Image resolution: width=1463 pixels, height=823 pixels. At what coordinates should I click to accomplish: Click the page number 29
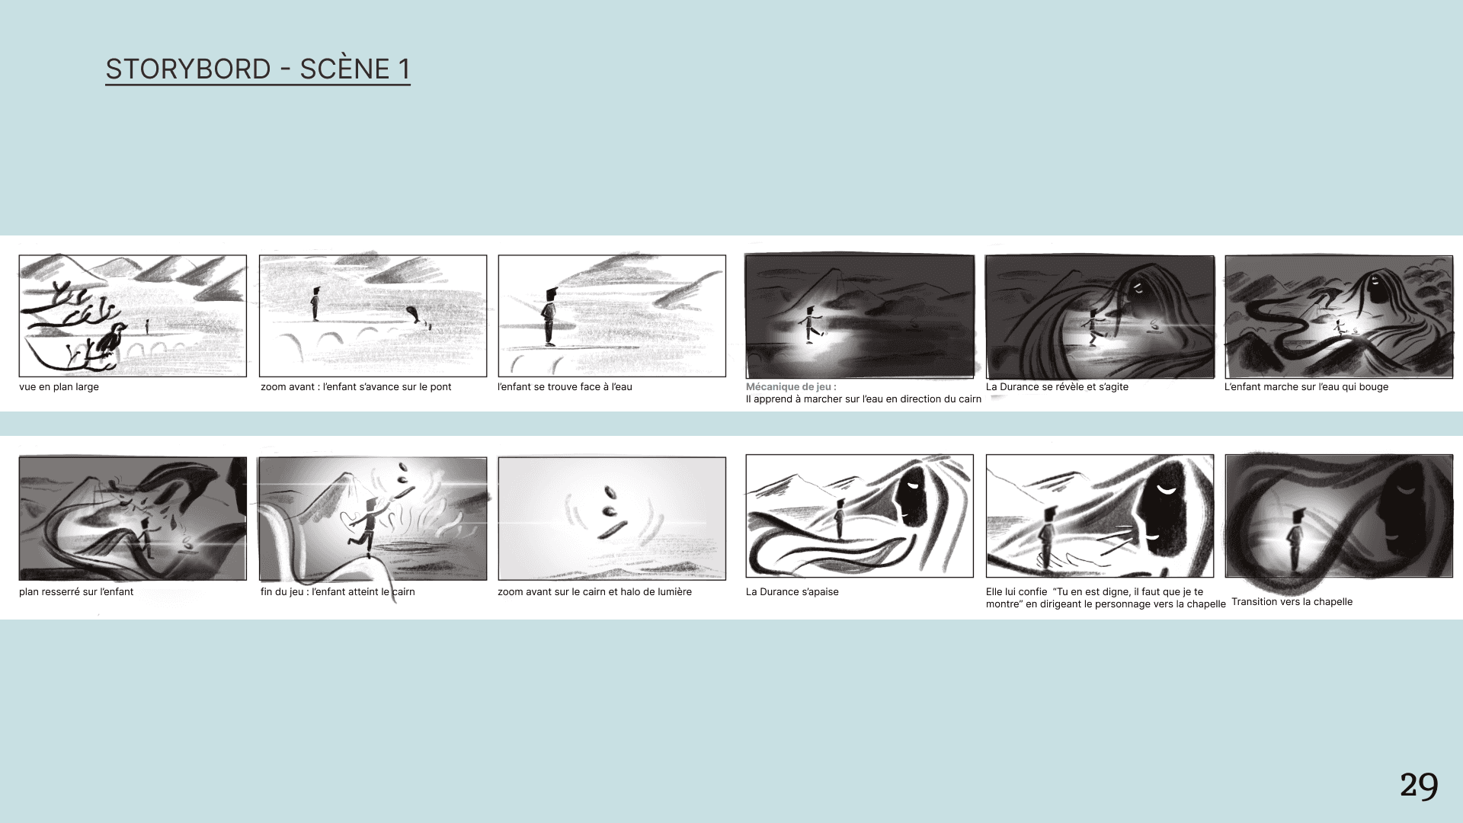point(1419,786)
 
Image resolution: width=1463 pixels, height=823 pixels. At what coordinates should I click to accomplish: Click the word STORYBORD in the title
point(188,69)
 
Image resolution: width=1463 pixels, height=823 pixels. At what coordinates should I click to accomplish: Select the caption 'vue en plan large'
point(59,387)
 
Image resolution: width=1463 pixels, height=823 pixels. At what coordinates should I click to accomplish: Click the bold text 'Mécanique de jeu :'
point(791,387)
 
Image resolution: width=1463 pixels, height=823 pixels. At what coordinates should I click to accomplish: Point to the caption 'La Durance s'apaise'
point(792,592)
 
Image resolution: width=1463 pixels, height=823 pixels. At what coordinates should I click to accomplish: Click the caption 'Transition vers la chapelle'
point(1292,602)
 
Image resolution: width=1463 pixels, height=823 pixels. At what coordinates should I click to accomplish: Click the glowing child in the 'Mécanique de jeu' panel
point(811,325)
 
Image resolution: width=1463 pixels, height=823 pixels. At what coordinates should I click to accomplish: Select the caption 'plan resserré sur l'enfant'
point(76,592)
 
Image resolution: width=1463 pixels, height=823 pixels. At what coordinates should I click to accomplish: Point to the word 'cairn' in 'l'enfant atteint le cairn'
point(403,592)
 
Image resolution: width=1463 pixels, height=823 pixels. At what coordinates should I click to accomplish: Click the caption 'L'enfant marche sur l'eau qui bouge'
point(1306,387)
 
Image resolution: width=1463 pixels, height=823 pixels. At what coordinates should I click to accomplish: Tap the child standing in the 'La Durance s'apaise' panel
point(839,519)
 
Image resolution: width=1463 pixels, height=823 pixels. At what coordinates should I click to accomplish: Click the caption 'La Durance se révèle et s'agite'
point(1057,387)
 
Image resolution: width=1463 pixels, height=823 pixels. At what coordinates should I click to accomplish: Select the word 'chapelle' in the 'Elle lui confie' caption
point(1205,604)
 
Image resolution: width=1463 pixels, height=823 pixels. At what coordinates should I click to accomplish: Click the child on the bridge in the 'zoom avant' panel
point(315,304)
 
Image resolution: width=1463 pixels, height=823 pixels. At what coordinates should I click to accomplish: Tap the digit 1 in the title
point(404,69)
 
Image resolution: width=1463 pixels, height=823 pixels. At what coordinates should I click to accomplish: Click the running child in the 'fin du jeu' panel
point(366,526)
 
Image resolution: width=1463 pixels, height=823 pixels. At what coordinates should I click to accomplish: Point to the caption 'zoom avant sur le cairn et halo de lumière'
point(594,592)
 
